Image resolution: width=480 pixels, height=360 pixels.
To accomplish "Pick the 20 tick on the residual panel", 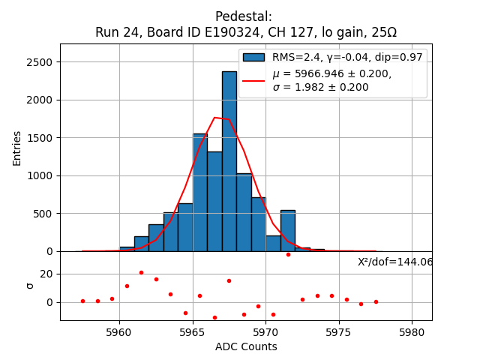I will point(45,274).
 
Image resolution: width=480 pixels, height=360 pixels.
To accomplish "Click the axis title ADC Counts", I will point(246,346).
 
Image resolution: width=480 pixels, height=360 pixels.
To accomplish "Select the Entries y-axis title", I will point(17,148).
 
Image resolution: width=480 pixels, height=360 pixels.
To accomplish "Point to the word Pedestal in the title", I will point(244,16).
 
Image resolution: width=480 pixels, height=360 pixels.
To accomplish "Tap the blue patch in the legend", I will point(253,57).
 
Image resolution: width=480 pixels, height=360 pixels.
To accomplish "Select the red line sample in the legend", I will point(253,80).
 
